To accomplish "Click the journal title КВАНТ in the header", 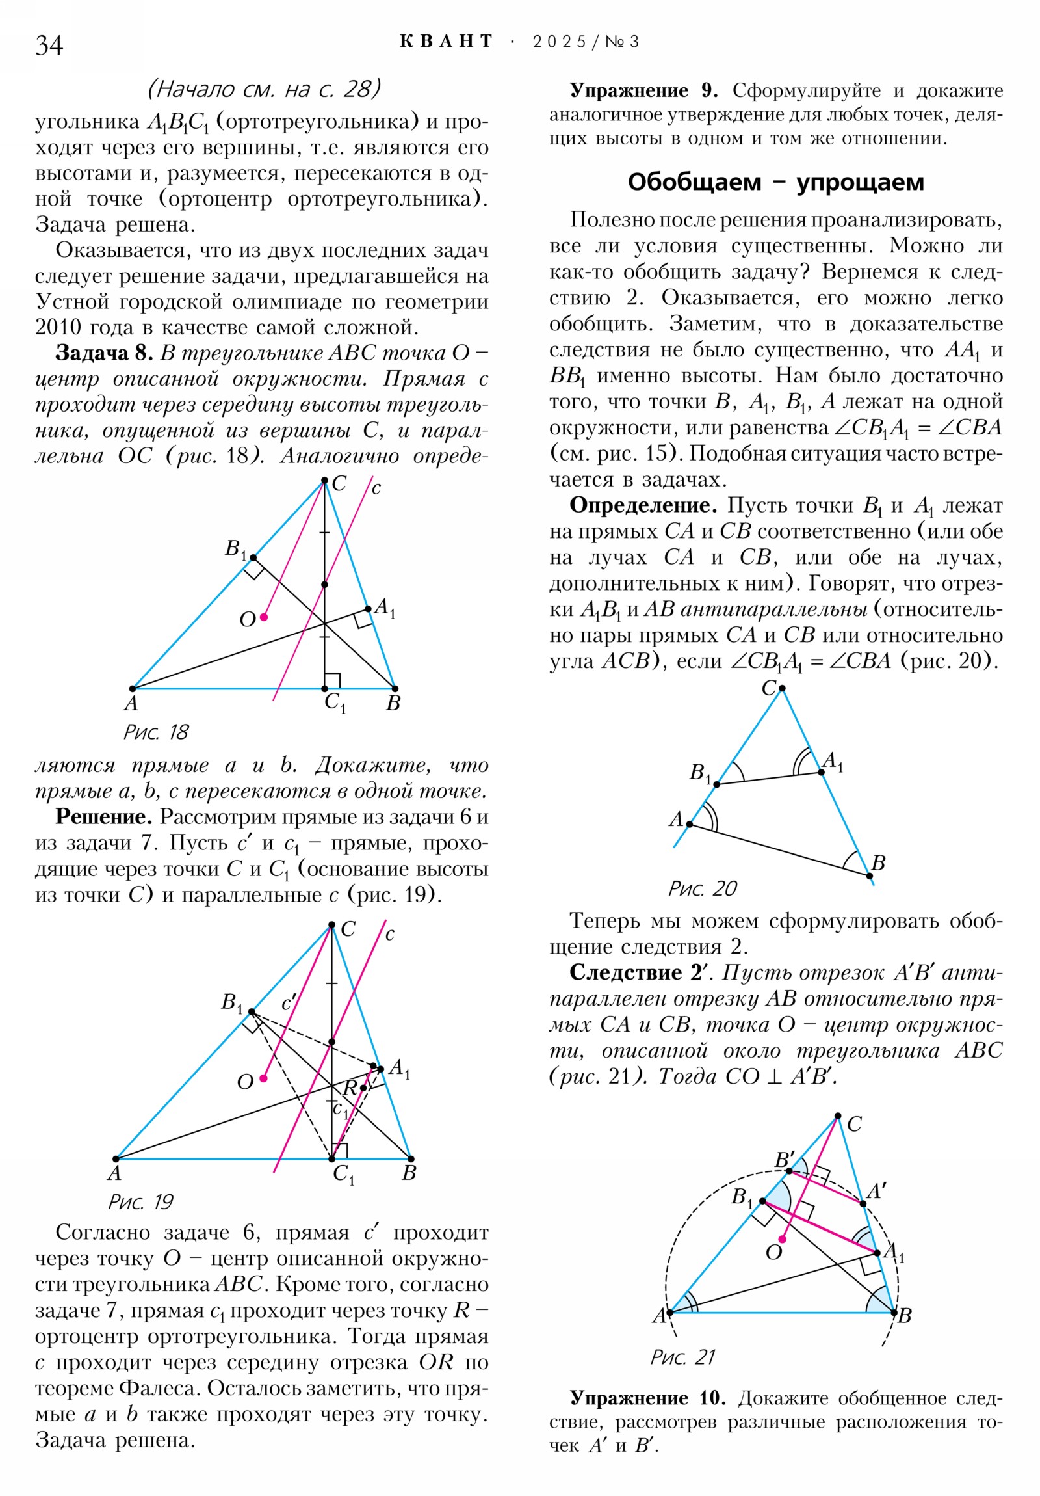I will click(446, 42).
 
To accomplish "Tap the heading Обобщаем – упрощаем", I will click(775, 181).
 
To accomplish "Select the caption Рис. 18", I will click(155, 732).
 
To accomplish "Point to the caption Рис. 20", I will click(702, 888).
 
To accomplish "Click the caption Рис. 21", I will click(682, 1357).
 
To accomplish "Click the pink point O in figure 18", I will click(264, 617).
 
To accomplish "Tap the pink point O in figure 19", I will click(264, 1078).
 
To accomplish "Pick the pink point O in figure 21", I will click(783, 1239).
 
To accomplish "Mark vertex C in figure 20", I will click(781, 688).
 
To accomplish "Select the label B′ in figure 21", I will click(783, 1160).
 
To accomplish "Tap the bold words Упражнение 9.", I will click(643, 90).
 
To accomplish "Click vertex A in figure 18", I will click(132, 689).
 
